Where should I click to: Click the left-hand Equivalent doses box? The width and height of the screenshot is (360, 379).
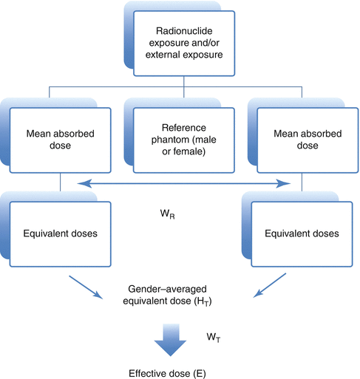60,233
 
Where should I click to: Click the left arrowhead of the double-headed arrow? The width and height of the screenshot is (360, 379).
81,182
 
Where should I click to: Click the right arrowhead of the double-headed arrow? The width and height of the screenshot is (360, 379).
284,182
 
